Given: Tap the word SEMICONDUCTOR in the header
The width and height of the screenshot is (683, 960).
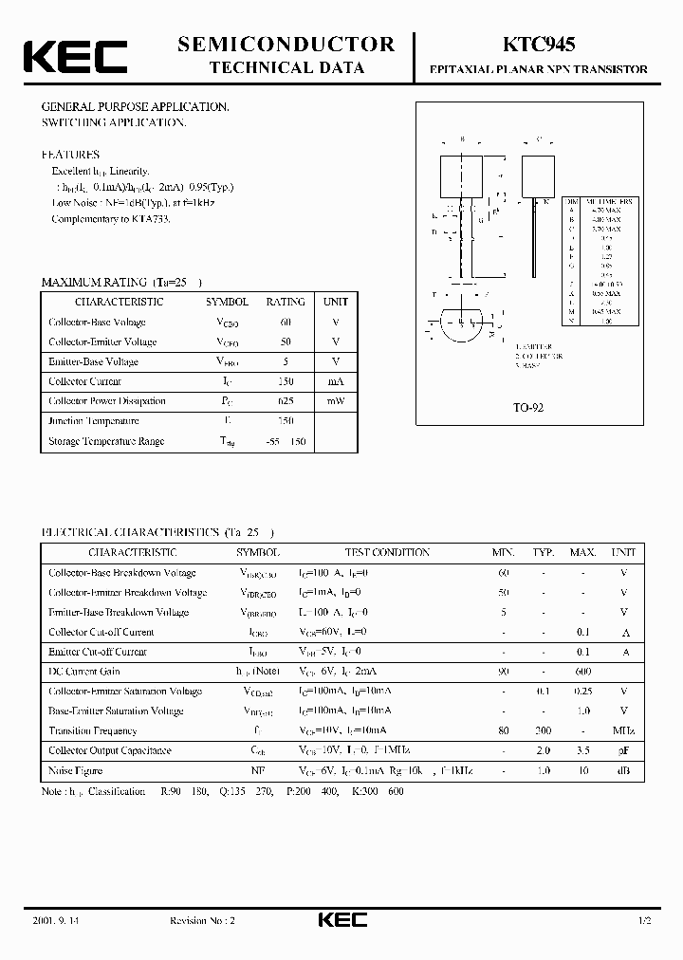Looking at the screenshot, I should click(x=286, y=44).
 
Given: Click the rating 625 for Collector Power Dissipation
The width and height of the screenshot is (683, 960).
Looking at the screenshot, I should click(x=286, y=401).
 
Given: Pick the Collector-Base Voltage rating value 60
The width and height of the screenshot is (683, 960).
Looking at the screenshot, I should click(x=286, y=323).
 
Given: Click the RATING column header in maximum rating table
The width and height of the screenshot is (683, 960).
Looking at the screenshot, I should click(x=286, y=302).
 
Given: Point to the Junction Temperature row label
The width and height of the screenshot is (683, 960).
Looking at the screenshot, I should click(x=94, y=421).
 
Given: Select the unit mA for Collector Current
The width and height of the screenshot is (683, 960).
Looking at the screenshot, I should click(x=336, y=381).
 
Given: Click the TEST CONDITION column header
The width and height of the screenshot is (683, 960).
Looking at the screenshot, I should click(x=387, y=552).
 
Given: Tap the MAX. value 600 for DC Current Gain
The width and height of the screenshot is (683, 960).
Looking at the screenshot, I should click(x=582, y=672).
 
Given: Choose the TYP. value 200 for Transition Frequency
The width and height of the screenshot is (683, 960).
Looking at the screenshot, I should click(x=543, y=730).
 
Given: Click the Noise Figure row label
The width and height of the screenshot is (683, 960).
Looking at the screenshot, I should click(x=76, y=770).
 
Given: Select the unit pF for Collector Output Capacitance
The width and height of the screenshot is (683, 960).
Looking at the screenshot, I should click(x=623, y=750).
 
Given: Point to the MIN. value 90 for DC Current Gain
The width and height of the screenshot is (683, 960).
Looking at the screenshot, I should click(x=503, y=672).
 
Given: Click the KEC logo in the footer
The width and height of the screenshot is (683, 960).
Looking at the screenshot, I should click(x=341, y=921).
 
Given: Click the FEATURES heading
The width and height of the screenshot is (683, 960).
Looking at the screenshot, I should click(x=69, y=154).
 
